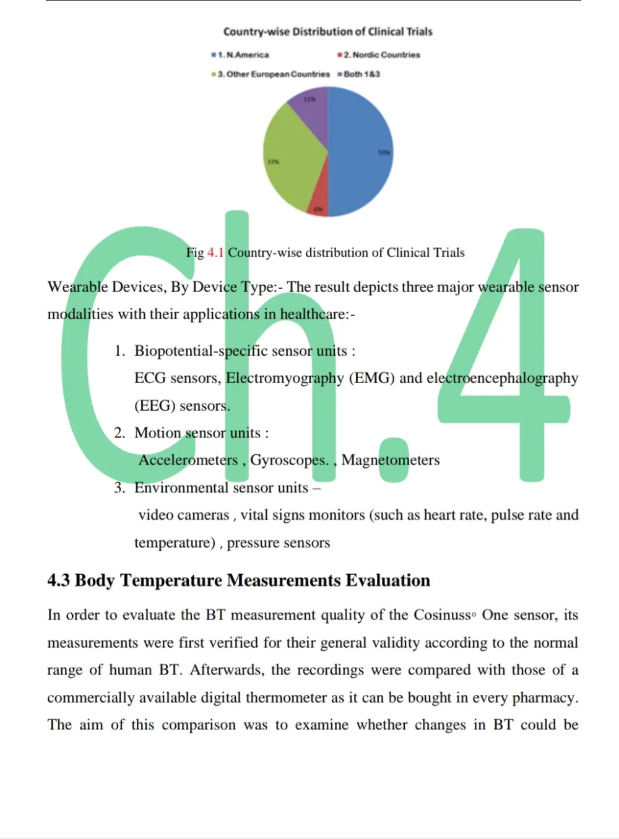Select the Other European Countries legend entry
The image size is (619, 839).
(x=273, y=74)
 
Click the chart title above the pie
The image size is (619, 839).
(x=327, y=32)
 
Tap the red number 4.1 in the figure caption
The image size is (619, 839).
(x=215, y=252)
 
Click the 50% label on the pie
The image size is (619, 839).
(x=384, y=152)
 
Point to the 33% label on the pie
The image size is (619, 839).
(x=273, y=161)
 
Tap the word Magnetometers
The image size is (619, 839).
(x=391, y=460)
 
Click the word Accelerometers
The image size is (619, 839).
(x=188, y=460)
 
